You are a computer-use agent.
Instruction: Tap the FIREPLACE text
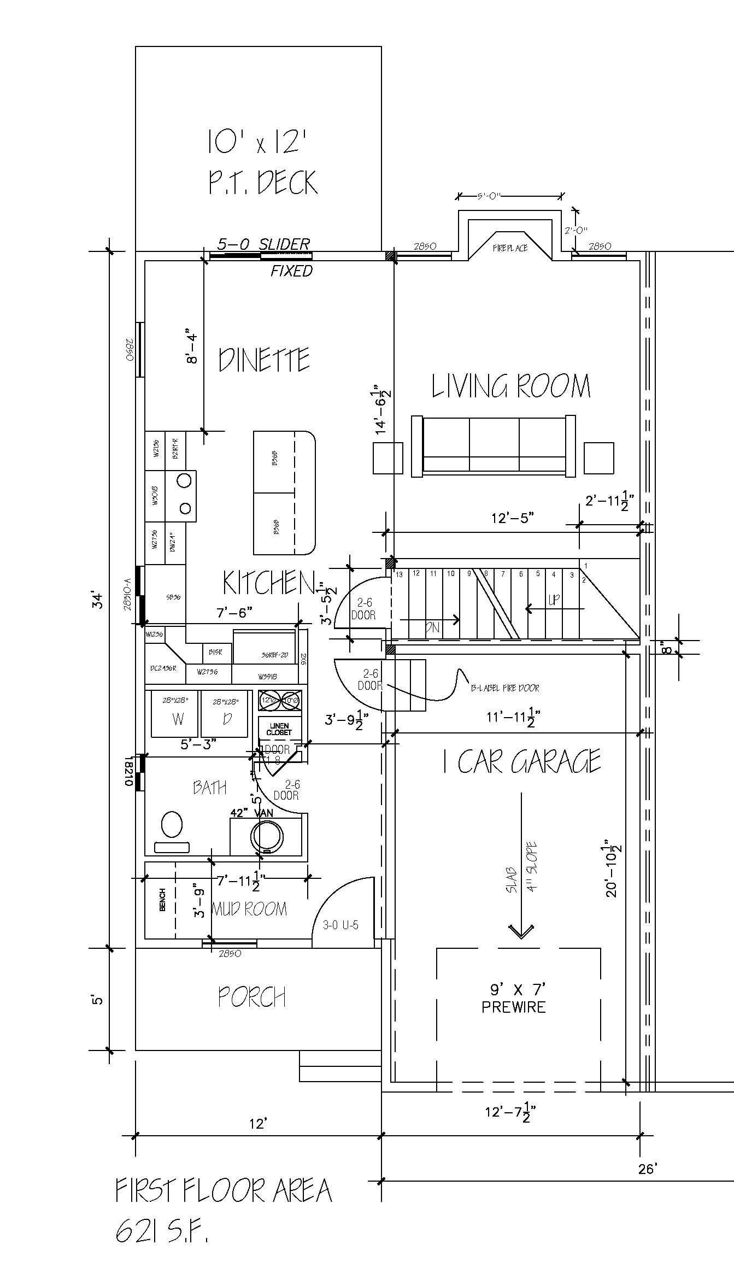click(510, 248)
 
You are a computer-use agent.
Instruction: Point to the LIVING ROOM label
click(511, 386)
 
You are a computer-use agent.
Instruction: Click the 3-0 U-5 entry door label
click(340, 925)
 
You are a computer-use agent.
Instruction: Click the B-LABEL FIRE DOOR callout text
click(505, 688)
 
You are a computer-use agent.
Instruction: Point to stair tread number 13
click(399, 574)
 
